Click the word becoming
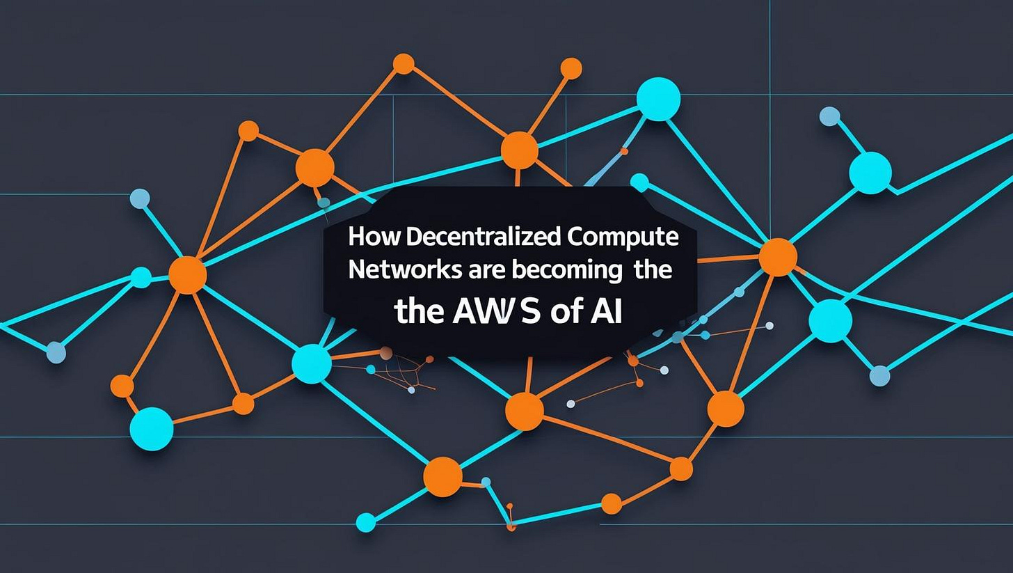click(x=566, y=270)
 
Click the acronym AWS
click(x=495, y=313)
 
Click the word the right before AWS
click(x=419, y=313)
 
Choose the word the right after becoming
click(x=653, y=270)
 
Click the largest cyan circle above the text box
click(x=658, y=99)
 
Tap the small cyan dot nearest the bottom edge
click(x=366, y=522)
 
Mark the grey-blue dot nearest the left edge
click(x=56, y=353)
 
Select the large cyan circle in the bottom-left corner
click(x=151, y=428)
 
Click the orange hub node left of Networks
click(x=188, y=274)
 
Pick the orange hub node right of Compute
click(x=777, y=257)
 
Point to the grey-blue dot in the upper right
click(x=829, y=116)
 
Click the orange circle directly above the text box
click(x=520, y=150)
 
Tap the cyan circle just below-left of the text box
click(x=311, y=363)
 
